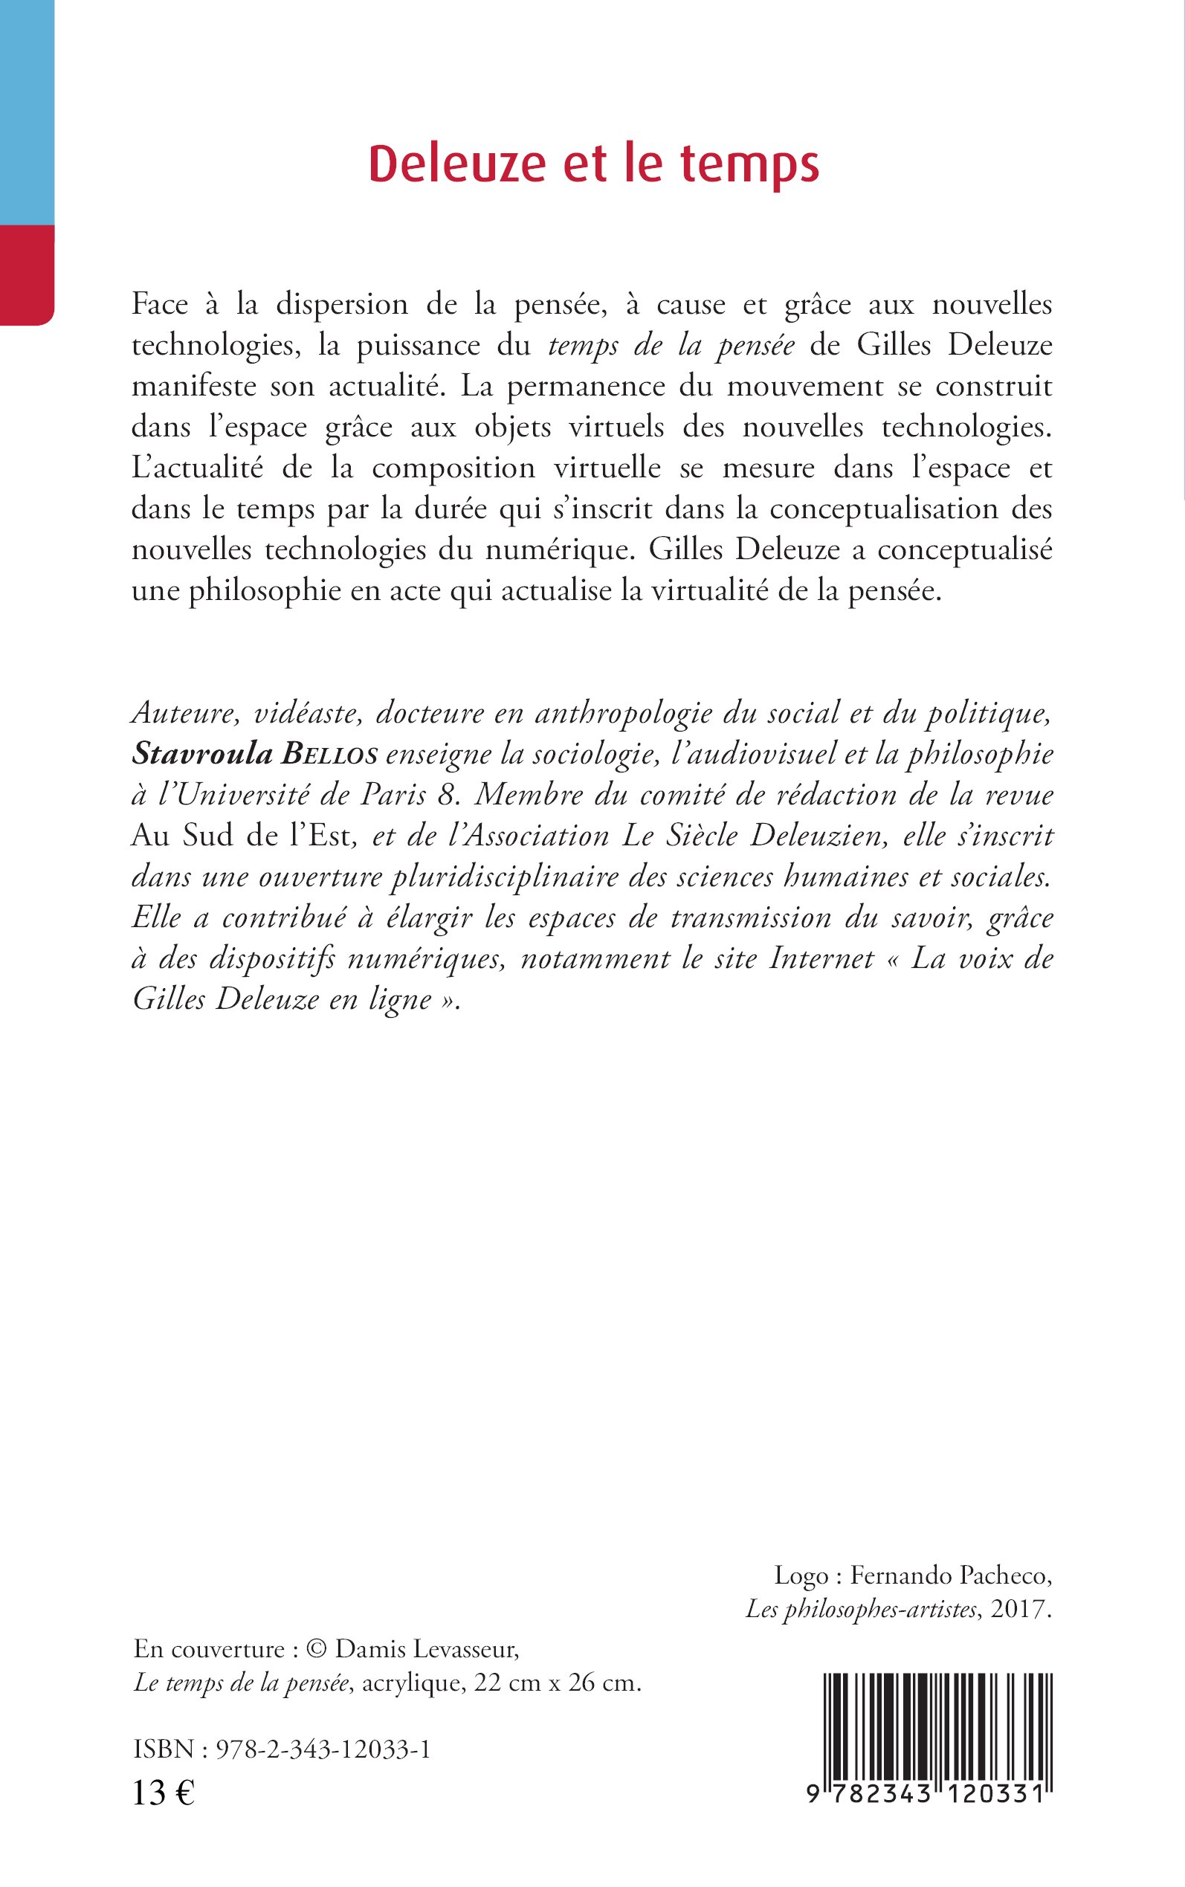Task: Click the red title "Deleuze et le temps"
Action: [x=593, y=164]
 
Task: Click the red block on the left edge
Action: [x=27, y=274]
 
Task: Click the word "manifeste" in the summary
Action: [x=193, y=387]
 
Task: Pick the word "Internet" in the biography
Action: [x=821, y=958]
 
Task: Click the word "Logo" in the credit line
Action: [x=801, y=1575]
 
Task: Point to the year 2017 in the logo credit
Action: [x=1018, y=1610]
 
